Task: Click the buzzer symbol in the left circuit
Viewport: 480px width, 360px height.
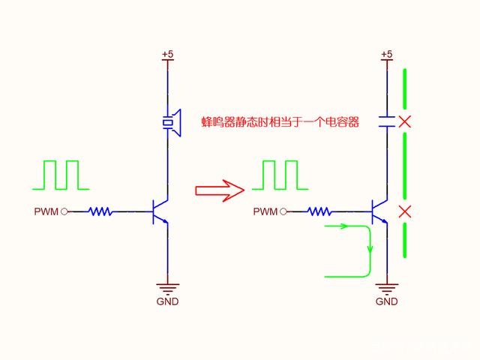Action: coord(172,123)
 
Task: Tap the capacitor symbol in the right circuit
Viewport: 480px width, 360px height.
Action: coord(387,121)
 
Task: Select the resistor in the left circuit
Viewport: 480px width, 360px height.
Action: coord(100,211)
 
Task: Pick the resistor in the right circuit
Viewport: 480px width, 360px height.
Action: coord(319,211)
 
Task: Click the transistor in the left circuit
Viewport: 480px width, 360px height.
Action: coord(160,211)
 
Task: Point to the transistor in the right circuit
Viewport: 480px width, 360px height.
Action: coord(379,211)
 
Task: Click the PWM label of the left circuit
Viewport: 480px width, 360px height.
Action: coord(46,211)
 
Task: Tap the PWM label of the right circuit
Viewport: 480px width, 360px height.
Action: coord(265,211)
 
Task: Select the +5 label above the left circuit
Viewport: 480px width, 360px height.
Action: coord(167,54)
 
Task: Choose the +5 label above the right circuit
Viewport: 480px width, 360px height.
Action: coord(387,54)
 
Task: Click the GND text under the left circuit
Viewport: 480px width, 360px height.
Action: coord(167,301)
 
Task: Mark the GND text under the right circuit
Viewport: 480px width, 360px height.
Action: coord(387,301)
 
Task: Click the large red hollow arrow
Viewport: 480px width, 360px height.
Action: coord(220,190)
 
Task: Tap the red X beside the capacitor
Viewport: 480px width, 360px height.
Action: coord(405,121)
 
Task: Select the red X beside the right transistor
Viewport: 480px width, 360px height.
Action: coord(405,211)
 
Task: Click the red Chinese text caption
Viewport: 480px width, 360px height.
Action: coord(280,122)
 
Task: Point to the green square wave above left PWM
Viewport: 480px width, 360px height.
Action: coord(61,175)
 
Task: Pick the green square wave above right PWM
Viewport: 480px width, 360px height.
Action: coord(280,175)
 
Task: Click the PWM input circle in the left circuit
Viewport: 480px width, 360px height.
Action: coord(64,211)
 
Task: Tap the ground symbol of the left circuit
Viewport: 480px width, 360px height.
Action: coord(167,289)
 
